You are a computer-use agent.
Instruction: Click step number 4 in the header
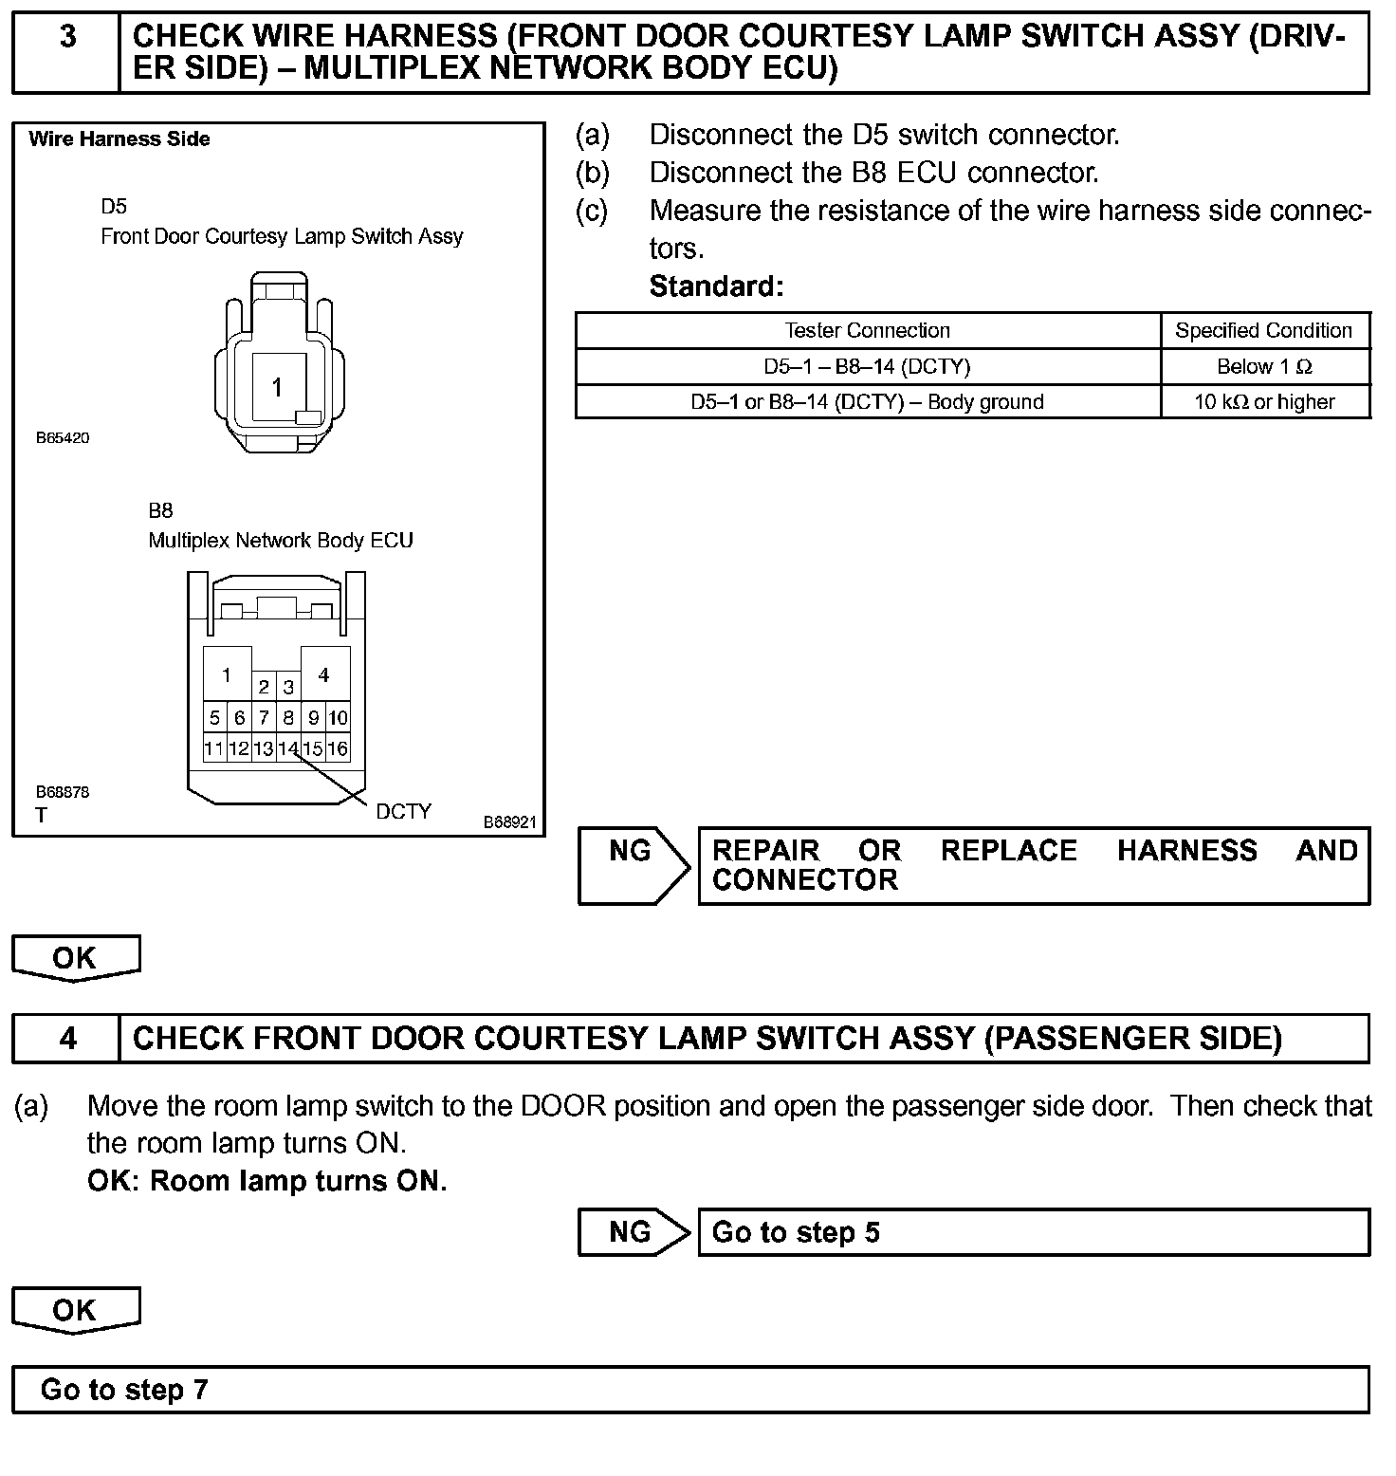click(x=67, y=1039)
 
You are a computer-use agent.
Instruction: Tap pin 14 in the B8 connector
click(x=288, y=748)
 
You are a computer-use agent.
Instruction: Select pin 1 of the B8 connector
click(x=227, y=675)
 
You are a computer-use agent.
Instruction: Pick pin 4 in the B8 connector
click(x=324, y=675)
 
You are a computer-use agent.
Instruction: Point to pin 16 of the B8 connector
click(x=338, y=748)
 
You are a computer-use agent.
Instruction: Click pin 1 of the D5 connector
click(x=277, y=387)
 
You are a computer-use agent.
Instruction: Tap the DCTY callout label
click(x=403, y=812)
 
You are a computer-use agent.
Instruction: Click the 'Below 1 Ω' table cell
click(x=1264, y=367)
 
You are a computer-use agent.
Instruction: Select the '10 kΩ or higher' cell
click(x=1264, y=402)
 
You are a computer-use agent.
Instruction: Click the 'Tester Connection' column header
click(x=867, y=331)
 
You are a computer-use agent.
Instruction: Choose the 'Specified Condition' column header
click(x=1263, y=331)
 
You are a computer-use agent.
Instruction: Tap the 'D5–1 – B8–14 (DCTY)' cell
click(x=867, y=367)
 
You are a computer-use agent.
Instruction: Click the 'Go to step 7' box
click(x=690, y=1390)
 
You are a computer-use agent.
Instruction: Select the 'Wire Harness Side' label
click(x=119, y=139)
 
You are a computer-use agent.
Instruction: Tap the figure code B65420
click(x=63, y=438)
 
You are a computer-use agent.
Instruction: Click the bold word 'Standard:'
click(x=716, y=286)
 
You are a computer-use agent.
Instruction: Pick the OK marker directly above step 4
click(x=75, y=958)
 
